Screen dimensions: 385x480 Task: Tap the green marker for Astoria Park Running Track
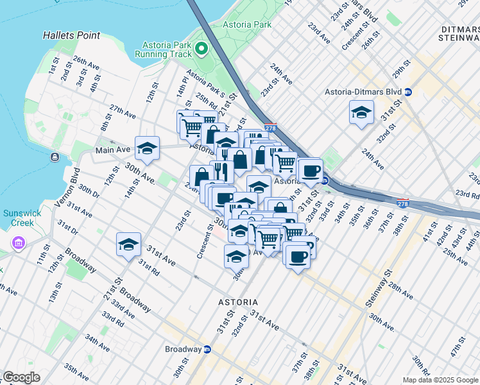click(x=201, y=49)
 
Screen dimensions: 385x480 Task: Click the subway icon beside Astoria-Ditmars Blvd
click(x=408, y=92)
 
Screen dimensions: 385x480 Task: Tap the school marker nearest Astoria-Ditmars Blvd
click(x=361, y=113)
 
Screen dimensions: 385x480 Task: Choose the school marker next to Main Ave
click(x=147, y=148)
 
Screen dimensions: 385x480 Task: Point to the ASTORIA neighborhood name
click(x=237, y=302)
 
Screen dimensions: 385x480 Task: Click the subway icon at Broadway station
click(x=207, y=350)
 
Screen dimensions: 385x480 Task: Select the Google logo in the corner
click(x=21, y=377)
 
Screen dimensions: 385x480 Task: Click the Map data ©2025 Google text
click(x=440, y=380)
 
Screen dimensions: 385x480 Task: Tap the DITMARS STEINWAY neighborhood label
click(x=460, y=33)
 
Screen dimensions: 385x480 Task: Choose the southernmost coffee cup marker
click(x=297, y=257)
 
